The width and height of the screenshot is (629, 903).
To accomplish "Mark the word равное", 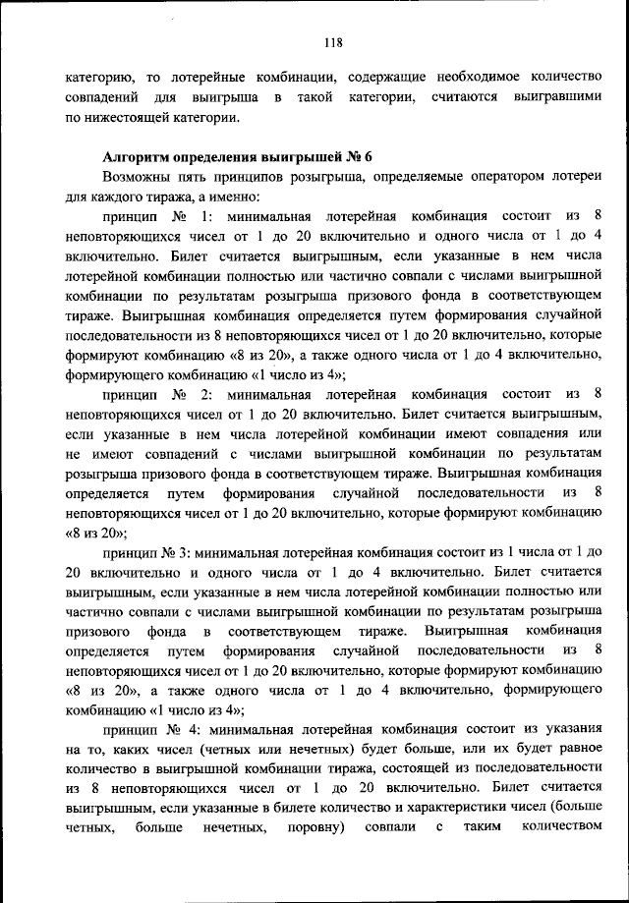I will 570,752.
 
